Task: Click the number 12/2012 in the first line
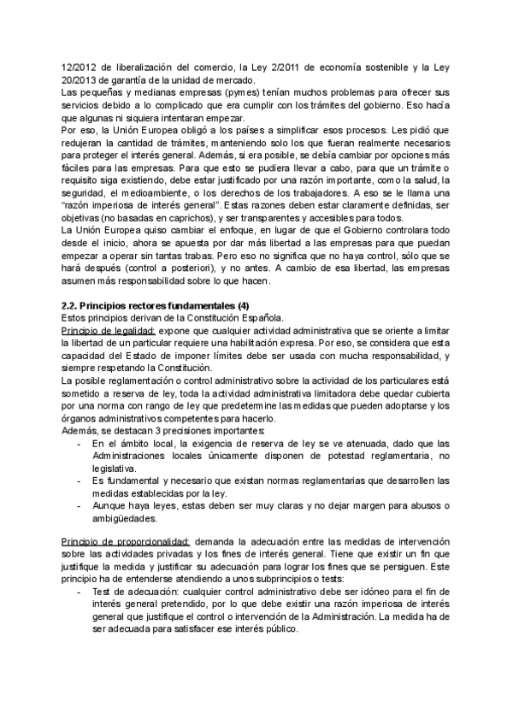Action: [x=80, y=68]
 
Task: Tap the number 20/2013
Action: [x=80, y=80]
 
